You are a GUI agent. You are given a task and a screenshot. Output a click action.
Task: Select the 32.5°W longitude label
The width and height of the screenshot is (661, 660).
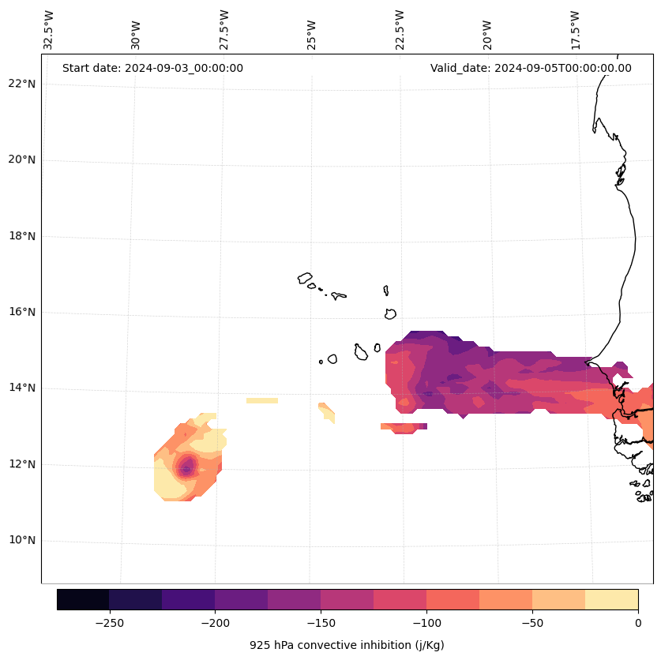pyautogui.click(x=49, y=29)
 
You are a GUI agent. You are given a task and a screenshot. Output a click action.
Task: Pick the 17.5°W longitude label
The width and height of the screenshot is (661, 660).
pyautogui.click(x=575, y=29)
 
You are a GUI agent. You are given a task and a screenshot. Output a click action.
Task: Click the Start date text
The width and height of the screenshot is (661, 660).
pyautogui.click(x=152, y=68)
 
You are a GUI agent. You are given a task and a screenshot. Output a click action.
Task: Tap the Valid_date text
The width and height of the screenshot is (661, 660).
pyautogui.click(x=531, y=68)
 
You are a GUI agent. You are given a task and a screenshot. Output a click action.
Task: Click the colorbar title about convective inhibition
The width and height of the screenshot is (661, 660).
pyautogui.click(x=347, y=645)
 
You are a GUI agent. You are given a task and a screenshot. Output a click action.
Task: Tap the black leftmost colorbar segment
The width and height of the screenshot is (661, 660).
pyautogui.click(x=83, y=599)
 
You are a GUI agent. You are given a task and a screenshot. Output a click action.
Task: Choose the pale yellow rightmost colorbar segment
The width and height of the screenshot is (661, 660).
pyautogui.click(x=611, y=599)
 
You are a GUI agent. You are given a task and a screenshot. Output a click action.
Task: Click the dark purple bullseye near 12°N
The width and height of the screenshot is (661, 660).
pyautogui.click(x=187, y=467)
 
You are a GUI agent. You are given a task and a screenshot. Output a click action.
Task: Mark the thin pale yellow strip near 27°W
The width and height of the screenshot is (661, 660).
pyautogui.click(x=262, y=400)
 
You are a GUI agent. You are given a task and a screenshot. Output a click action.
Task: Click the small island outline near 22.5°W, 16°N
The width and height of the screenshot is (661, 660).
pyautogui.click(x=390, y=314)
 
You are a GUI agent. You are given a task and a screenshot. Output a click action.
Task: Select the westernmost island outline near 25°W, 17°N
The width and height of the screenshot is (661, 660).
pyautogui.click(x=305, y=278)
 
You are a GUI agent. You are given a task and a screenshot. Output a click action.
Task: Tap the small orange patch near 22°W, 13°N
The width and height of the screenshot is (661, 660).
pyautogui.click(x=403, y=427)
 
